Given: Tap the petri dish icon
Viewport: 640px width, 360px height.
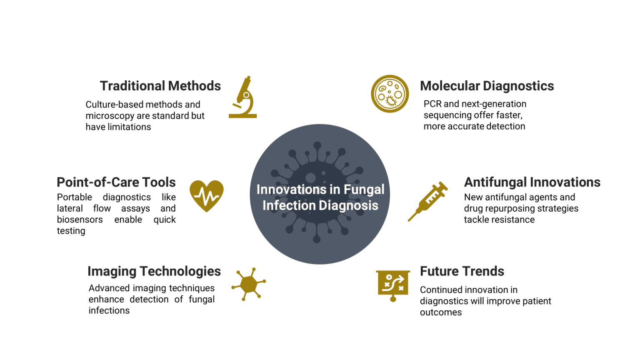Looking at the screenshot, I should click(390, 94).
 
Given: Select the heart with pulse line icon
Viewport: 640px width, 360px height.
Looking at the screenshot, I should click(207, 195).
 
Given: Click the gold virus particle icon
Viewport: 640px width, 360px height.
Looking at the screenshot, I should click(249, 284).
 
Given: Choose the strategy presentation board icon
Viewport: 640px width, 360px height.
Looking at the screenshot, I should click(393, 285).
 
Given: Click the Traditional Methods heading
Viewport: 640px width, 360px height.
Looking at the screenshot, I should click(160, 86).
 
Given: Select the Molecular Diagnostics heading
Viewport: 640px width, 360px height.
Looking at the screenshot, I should click(487, 86).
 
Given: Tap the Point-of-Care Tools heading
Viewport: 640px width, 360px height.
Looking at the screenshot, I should click(116, 182).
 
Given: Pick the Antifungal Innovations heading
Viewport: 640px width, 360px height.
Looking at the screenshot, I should click(532, 182).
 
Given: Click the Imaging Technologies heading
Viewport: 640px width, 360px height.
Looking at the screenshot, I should click(154, 271).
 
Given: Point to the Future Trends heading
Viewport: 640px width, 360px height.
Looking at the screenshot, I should click(462, 271).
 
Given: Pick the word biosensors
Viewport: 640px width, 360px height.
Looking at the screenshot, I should click(80, 220).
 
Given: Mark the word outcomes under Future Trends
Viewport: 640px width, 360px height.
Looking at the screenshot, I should click(440, 312).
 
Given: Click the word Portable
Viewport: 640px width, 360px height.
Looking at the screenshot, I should click(74, 197).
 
